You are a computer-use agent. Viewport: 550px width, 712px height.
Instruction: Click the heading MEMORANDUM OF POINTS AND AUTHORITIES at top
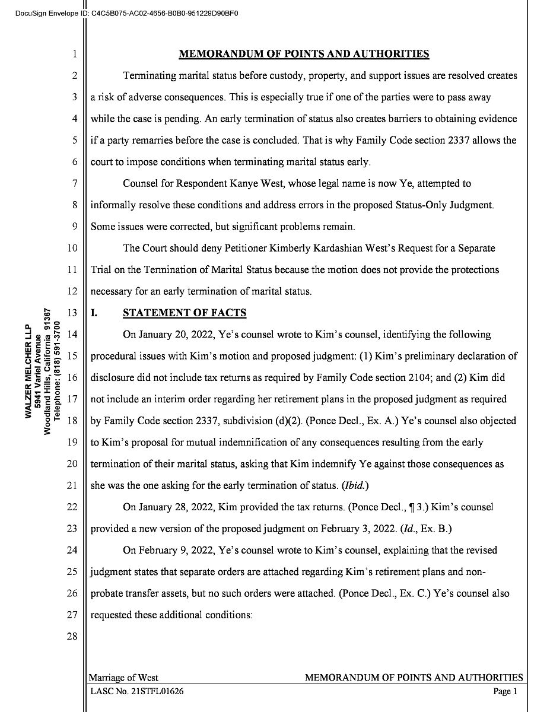coord(304,54)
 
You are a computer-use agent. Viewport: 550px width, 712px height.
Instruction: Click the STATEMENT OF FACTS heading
coord(184,313)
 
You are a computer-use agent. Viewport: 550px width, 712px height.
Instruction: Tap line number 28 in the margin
coord(72,637)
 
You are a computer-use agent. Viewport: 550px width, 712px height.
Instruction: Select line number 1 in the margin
coord(75,55)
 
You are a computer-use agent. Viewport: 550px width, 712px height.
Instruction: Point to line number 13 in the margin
coord(72,313)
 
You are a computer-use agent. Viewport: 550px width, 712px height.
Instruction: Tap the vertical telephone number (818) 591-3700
coord(58,371)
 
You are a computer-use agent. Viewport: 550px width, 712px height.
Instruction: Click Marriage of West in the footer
coord(123,678)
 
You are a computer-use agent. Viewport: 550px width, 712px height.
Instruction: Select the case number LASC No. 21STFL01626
coord(137,691)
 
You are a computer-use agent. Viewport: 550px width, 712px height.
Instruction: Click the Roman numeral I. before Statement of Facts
coord(94,313)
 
